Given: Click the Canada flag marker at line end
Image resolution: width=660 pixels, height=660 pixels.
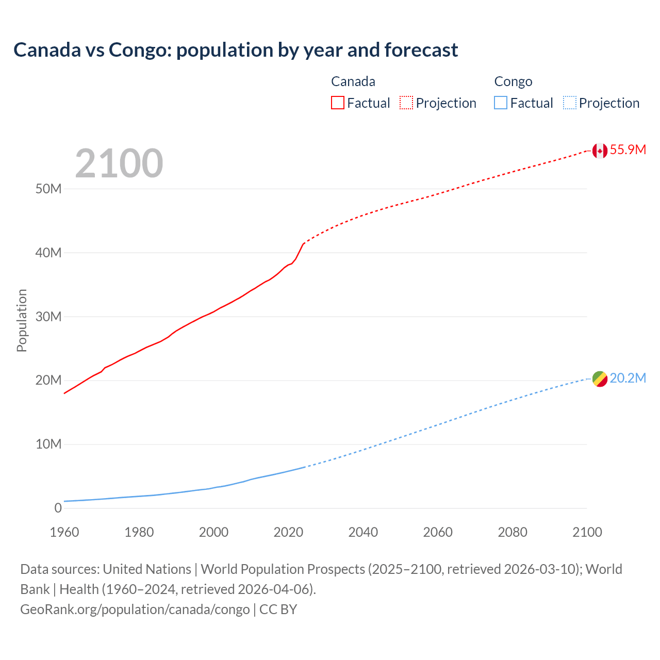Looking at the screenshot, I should click(x=600, y=151).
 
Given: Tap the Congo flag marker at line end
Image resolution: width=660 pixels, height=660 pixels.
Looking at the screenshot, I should click(x=600, y=379).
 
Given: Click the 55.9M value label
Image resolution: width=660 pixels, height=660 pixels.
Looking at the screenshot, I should click(x=628, y=150).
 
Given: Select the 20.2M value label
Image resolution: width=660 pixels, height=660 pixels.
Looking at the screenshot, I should click(x=628, y=378).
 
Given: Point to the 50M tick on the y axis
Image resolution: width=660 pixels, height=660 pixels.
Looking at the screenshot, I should click(x=48, y=189).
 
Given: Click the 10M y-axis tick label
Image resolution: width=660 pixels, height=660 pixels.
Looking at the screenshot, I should click(x=48, y=444).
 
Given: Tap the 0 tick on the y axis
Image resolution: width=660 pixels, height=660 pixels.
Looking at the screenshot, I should click(x=58, y=508).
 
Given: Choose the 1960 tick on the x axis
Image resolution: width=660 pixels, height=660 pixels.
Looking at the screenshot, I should click(x=64, y=532).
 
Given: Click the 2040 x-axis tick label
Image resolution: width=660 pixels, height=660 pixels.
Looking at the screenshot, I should click(x=363, y=532).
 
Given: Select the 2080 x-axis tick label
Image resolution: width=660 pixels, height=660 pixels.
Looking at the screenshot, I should click(x=513, y=532).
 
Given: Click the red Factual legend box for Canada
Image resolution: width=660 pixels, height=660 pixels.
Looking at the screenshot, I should click(x=338, y=103).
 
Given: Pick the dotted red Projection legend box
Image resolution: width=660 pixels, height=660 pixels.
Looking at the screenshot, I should click(x=406, y=103).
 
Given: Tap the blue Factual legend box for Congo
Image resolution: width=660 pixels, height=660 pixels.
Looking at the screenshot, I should click(x=501, y=103).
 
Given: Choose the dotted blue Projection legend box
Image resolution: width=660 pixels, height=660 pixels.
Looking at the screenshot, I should click(x=570, y=103).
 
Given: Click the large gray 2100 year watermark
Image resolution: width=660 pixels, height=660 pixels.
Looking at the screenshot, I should click(x=119, y=163).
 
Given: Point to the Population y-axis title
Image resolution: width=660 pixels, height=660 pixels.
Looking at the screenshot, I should click(x=22, y=320).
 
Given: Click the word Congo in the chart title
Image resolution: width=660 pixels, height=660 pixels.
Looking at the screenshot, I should click(x=139, y=50).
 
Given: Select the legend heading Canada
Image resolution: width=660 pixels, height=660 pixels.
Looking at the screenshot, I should click(x=353, y=81).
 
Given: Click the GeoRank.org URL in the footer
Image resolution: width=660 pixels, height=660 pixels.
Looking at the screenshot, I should click(x=135, y=609).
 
